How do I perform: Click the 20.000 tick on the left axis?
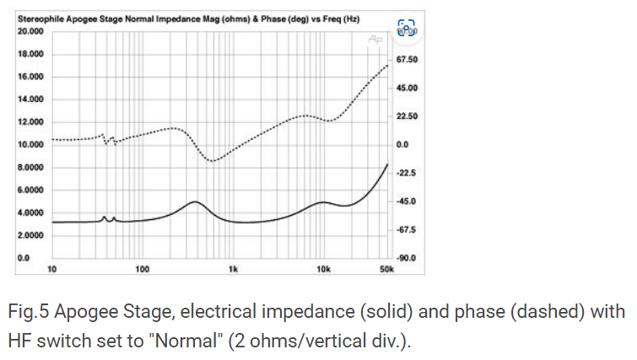tap(30, 31)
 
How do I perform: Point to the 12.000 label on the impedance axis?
tap(30, 121)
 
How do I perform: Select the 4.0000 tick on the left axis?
tap(30, 212)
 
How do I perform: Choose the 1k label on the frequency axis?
tap(233, 269)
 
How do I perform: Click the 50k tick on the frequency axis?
tap(386, 269)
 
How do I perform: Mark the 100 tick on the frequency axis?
tap(141, 269)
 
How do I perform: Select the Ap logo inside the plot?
tap(375, 39)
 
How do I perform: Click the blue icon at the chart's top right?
tap(407, 29)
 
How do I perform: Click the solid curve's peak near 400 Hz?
tap(195, 202)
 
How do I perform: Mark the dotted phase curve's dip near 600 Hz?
tap(213, 160)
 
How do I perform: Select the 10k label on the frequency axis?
tap(322, 269)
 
